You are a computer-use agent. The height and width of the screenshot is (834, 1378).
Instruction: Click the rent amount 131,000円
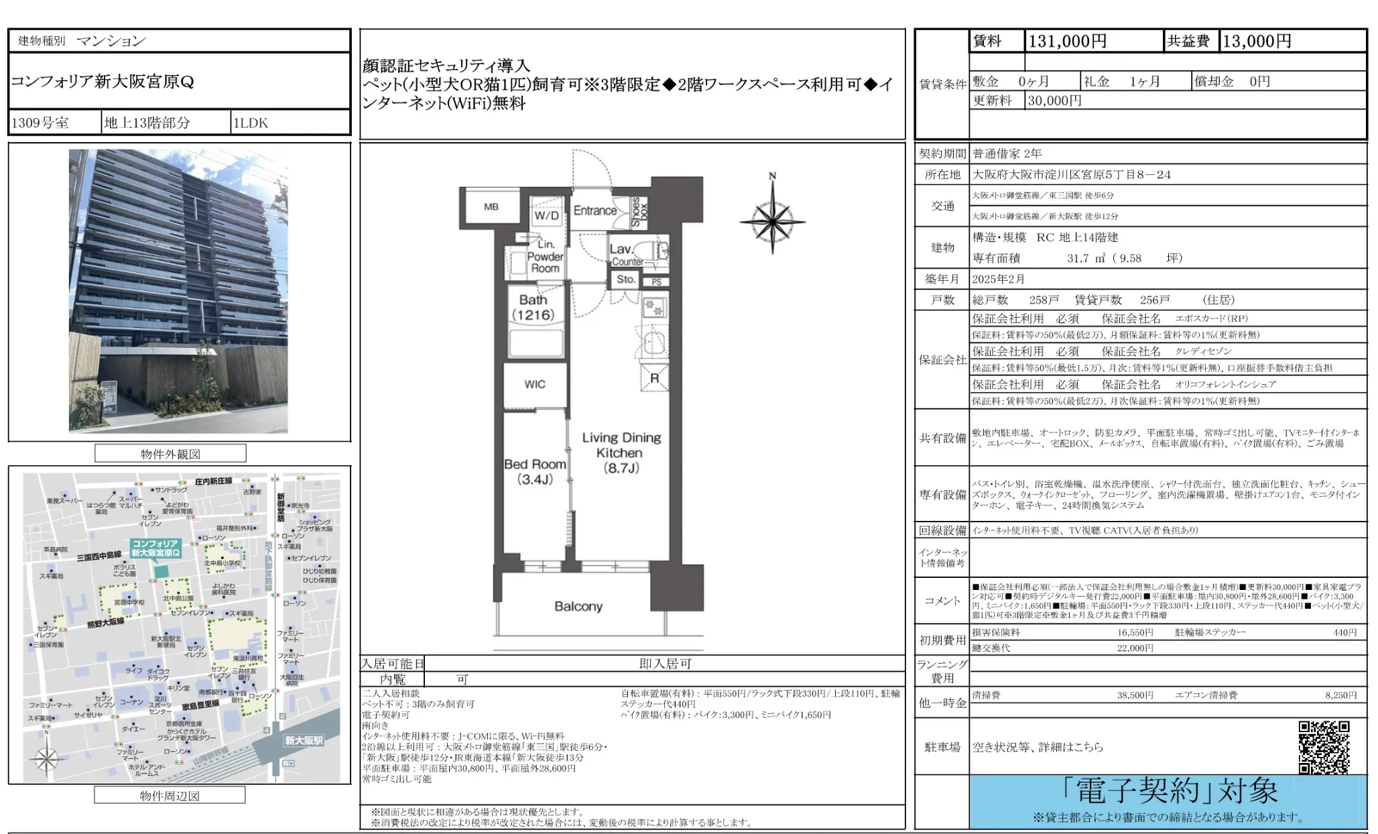coord(1067,42)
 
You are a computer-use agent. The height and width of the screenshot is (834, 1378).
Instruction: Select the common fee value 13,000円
coord(1257,42)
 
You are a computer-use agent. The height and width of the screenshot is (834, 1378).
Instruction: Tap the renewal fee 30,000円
coord(1054,101)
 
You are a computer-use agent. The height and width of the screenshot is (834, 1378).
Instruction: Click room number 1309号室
coord(40,123)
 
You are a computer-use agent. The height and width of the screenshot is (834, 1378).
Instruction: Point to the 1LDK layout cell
coord(251,123)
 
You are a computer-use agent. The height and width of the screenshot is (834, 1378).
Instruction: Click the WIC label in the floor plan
coord(534,384)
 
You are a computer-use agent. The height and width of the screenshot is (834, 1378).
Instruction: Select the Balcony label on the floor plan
coord(578,606)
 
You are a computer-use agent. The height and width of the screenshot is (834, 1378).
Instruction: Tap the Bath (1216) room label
coord(534,308)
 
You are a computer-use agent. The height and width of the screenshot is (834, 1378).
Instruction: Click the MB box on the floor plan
coord(491,207)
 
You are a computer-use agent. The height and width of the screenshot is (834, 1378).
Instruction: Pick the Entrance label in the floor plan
coord(594,211)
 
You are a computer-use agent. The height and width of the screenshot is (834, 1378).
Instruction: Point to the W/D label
coord(546,215)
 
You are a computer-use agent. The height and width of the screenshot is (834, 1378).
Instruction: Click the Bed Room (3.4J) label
coord(535,471)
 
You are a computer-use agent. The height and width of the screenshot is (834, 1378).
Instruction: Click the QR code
coord(1323,747)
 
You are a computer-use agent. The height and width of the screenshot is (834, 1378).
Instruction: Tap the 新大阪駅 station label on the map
coord(304,740)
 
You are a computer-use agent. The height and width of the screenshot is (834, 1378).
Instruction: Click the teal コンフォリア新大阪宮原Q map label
coord(155,548)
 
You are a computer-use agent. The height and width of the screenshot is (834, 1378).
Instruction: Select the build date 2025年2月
coord(998,279)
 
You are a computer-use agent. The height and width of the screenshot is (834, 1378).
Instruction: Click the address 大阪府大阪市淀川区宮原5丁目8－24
coord(1071,174)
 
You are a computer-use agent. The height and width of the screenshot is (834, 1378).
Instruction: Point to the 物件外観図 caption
coord(170,454)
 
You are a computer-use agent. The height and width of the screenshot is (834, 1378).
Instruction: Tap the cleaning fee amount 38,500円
coord(1135,695)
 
